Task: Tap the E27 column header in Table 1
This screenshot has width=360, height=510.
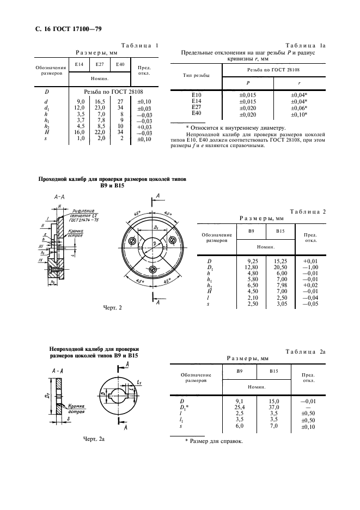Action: click(99, 65)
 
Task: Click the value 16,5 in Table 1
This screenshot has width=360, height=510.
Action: click(99, 101)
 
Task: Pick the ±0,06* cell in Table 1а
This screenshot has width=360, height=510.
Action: click(299, 107)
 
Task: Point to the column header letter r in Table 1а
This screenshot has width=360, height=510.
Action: click(299, 82)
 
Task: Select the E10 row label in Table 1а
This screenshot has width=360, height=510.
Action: click(198, 95)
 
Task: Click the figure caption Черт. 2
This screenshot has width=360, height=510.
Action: click(112, 308)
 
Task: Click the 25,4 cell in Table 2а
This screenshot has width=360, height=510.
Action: click(243, 406)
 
